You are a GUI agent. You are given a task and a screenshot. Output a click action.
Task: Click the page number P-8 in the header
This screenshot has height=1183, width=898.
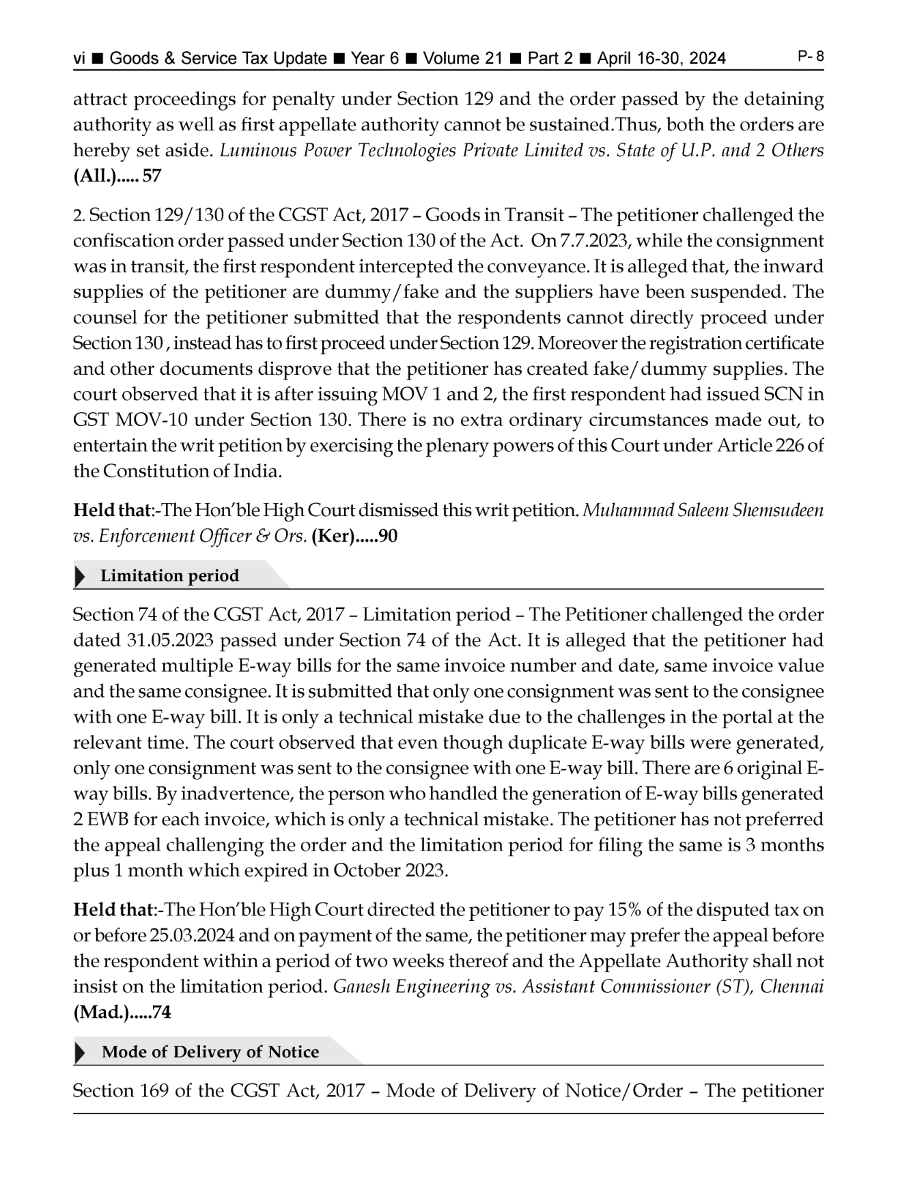(811, 57)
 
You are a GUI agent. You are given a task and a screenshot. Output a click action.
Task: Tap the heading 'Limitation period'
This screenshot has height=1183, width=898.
(169, 576)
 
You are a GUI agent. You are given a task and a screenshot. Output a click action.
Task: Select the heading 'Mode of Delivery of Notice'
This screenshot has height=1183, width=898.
(210, 1052)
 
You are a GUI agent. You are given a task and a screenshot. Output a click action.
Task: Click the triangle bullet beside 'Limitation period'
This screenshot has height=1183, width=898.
(80, 576)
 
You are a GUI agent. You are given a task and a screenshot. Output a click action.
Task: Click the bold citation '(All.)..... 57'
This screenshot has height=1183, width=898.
(117, 176)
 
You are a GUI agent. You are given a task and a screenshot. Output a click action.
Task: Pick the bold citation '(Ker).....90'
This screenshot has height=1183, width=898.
(354, 537)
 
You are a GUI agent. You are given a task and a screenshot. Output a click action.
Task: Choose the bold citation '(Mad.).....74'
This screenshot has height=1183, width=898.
(122, 1012)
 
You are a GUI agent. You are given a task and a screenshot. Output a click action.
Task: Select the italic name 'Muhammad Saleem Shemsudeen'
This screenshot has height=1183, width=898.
(703, 511)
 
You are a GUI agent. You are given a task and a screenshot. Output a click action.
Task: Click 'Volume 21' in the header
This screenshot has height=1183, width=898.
(462, 59)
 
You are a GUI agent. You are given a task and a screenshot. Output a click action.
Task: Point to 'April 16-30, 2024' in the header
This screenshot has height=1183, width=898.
(661, 59)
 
